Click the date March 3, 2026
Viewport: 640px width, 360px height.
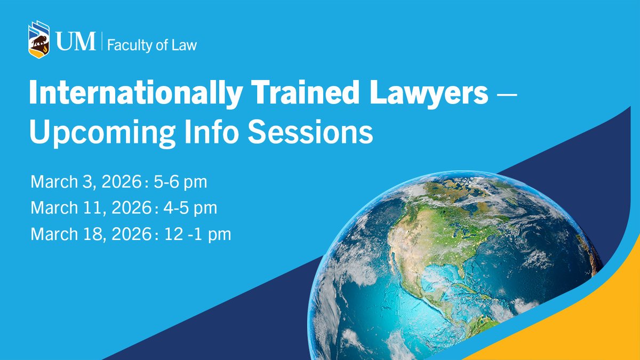pyautogui.click(x=91, y=182)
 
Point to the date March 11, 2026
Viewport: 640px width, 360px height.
pyautogui.click(x=91, y=208)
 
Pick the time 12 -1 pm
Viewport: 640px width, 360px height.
pyautogui.click(x=195, y=234)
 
